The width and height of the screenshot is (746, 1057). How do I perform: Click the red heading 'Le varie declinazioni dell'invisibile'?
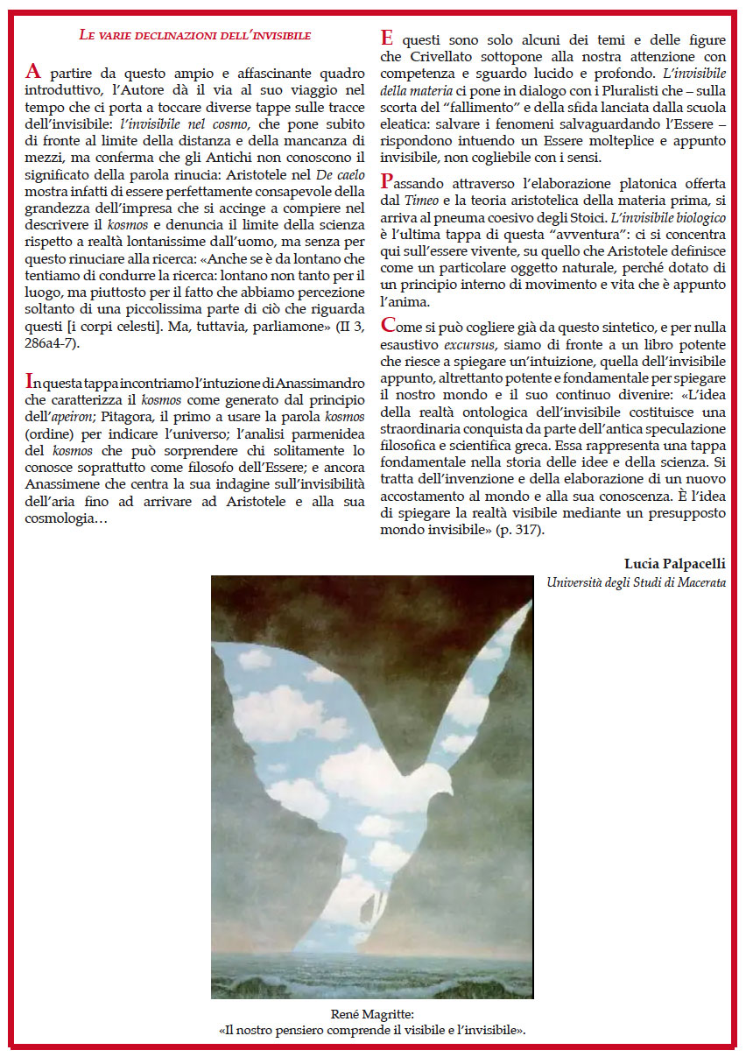point(194,36)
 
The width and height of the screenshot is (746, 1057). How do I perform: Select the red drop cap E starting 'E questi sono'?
point(386,39)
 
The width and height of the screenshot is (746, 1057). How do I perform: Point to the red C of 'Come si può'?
point(388,325)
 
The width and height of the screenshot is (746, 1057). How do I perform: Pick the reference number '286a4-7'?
point(48,342)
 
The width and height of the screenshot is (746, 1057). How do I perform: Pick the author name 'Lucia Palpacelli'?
point(674,562)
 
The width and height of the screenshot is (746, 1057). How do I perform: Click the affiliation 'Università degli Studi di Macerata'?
point(636,581)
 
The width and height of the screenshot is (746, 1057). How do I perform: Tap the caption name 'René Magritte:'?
point(372,1014)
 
